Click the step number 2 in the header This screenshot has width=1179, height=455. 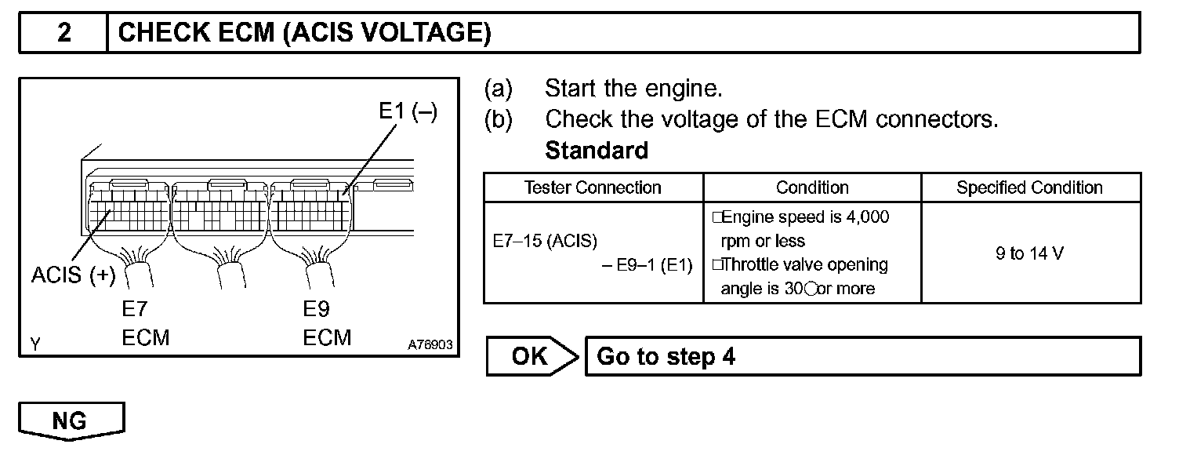[x=63, y=34]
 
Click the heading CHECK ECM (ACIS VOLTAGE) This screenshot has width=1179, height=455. [x=304, y=34]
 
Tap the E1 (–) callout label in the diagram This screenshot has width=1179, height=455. [x=408, y=111]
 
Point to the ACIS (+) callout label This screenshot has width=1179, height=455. [x=73, y=275]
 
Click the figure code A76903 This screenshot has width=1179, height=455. [x=430, y=345]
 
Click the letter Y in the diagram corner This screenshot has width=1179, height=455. [x=35, y=344]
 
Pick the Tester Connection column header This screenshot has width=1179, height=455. [x=593, y=187]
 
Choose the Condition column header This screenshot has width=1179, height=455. [x=812, y=187]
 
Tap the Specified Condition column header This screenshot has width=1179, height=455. [x=1029, y=187]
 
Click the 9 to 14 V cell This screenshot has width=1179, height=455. [x=1029, y=253]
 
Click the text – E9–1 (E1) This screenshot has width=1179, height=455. [x=648, y=267]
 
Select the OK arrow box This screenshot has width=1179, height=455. [x=530, y=357]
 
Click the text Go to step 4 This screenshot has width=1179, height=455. [x=666, y=357]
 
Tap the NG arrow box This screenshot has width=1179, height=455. [x=71, y=421]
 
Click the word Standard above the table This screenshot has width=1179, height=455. [x=597, y=150]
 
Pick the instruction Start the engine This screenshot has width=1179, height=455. [x=633, y=89]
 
